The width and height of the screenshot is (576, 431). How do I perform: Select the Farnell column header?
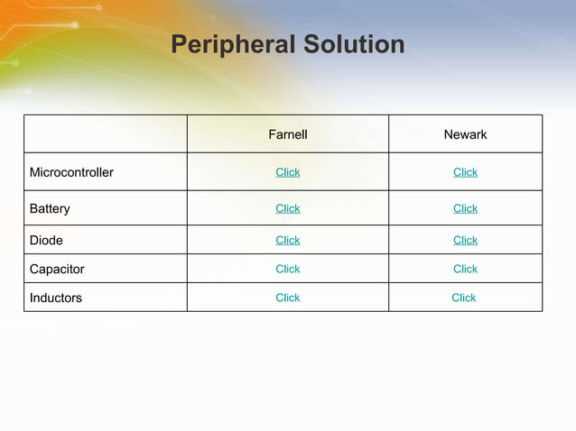[288, 134]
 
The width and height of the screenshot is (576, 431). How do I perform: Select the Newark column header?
[465, 134]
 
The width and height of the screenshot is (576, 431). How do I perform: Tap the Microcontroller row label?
[71, 172]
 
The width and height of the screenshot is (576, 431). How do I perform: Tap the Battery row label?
[50, 208]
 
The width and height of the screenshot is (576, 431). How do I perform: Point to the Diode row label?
[46, 241]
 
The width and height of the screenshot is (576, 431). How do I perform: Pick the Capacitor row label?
[57, 269]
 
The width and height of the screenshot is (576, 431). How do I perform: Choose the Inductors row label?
[56, 298]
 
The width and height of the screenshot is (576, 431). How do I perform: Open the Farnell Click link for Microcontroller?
[288, 172]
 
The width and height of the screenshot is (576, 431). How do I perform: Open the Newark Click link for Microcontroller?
[465, 172]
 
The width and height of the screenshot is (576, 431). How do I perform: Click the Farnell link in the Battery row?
[288, 208]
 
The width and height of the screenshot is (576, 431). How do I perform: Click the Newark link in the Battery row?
[465, 208]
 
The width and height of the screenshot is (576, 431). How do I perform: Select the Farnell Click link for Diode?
[288, 240]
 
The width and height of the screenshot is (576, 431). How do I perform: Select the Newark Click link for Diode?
[465, 240]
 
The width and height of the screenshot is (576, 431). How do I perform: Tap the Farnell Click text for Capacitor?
[288, 269]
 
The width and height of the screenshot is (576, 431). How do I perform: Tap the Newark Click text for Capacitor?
[465, 269]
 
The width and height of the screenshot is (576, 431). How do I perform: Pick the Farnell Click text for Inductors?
[288, 298]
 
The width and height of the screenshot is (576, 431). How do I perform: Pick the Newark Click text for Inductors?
[463, 298]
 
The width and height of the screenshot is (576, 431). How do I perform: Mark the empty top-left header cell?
[106, 133]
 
